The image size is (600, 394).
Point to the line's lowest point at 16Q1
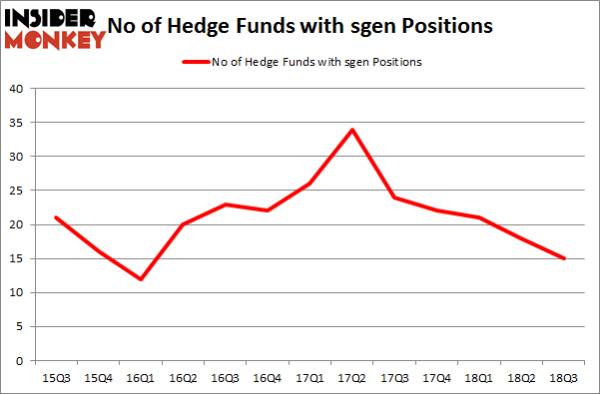(x=140, y=278)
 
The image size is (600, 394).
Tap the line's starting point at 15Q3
(x=55, y=217)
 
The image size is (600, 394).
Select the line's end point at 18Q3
(x=564, y=258)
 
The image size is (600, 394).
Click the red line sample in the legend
(x=191, y=62)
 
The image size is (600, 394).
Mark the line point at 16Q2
(x=183, y=224)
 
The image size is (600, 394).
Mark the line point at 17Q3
(x=395, y=197)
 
